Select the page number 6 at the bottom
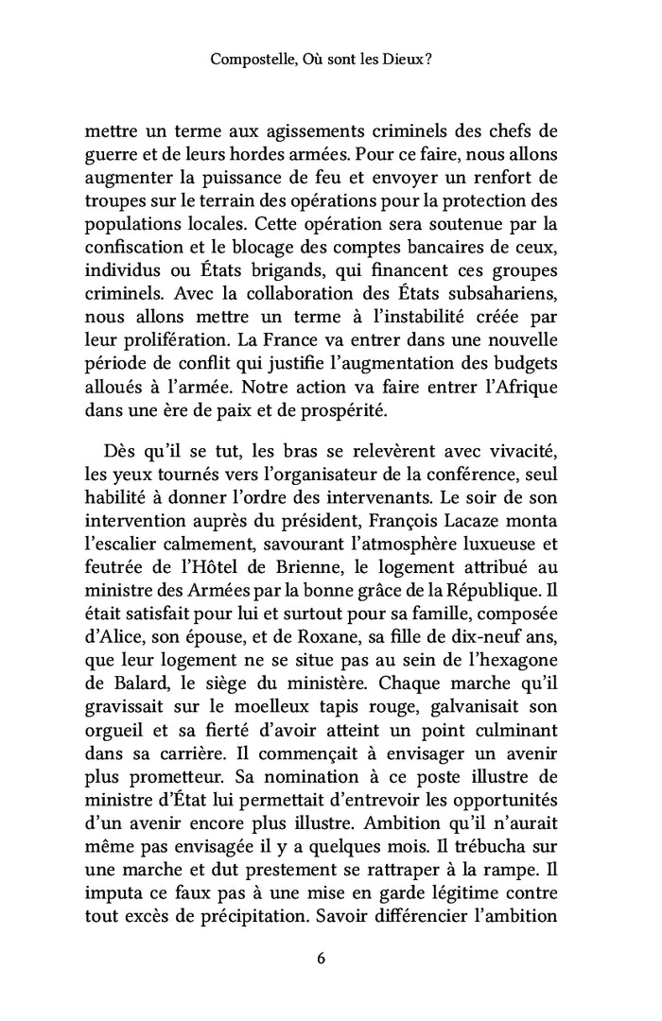322,957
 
